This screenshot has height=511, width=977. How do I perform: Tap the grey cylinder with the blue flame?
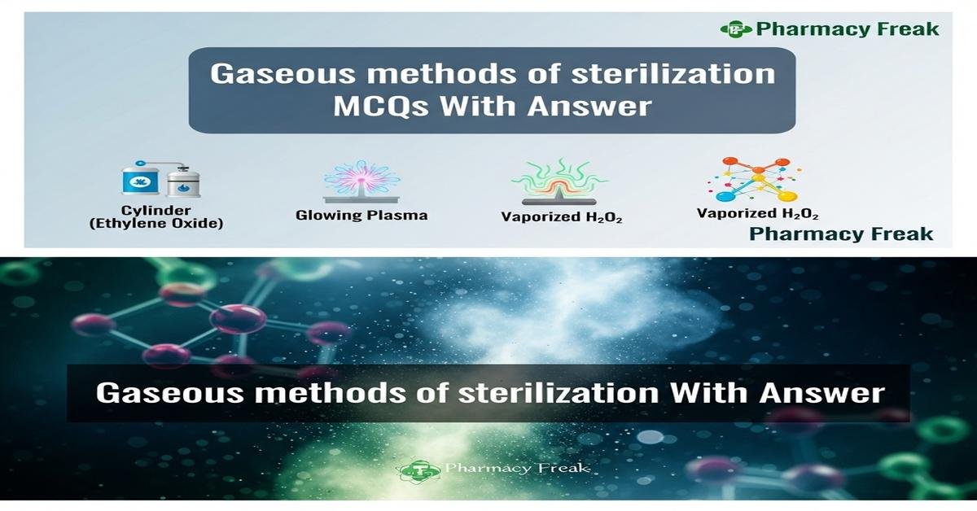pos(183,181)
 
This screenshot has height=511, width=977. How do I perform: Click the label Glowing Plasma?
pos(361,216)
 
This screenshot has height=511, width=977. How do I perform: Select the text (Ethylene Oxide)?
pos(156,223)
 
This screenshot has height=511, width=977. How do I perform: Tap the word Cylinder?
pos(156,210)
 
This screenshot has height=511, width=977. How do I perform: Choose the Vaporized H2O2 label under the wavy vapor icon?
pos(562,217)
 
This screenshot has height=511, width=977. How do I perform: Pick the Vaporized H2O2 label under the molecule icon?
pos(757,213)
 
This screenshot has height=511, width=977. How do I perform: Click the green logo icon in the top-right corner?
pos(735,29)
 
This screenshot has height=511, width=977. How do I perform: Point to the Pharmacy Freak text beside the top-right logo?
pos(847,29)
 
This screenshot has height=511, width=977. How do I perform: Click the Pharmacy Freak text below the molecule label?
pos(840,234)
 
